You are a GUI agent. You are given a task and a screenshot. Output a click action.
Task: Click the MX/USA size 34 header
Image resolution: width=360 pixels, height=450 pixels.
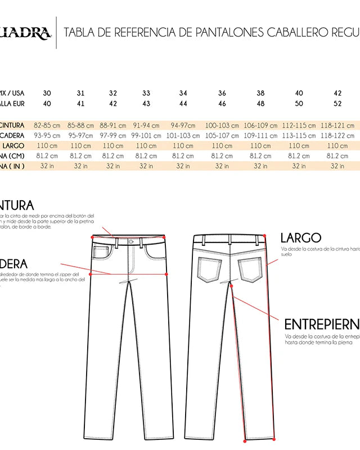tap(183, 93)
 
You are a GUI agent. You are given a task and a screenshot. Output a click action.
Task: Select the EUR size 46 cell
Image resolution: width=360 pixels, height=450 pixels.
tap(222, 103)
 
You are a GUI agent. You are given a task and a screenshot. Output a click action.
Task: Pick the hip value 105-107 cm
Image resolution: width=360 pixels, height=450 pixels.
tap(222, 136)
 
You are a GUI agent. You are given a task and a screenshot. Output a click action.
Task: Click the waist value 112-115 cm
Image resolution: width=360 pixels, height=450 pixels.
tap(299, 125)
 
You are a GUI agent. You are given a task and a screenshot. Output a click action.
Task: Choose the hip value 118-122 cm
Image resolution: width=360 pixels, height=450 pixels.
tap(337, 136)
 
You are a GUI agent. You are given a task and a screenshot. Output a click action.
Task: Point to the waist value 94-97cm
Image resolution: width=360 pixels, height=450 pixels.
tap(183, 125)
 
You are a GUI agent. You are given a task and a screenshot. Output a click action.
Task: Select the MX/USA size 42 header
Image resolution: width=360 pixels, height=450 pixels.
tap(337, 93)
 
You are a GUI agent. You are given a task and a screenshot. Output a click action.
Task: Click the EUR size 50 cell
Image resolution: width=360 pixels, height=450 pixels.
tap(299, 103)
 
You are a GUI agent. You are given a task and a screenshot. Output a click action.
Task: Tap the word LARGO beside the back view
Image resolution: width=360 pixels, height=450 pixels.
tap(300, 238)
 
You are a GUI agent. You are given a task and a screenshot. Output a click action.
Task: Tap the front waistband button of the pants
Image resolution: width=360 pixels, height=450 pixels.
tap(131, 242)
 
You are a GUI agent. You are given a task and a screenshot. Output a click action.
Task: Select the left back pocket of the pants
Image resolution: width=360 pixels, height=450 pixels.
tap(210, 269)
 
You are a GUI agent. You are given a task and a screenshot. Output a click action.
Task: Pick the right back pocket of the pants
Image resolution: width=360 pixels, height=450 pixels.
tap(249, 269)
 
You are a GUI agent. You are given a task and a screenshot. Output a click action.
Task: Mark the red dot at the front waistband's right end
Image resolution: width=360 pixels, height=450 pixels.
tap(164, 237)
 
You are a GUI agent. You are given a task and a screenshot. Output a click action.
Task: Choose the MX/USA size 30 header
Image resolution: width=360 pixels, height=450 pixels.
tap(46, 93)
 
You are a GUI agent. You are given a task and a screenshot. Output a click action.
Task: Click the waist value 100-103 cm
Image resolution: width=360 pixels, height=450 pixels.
tap(222, 125)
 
